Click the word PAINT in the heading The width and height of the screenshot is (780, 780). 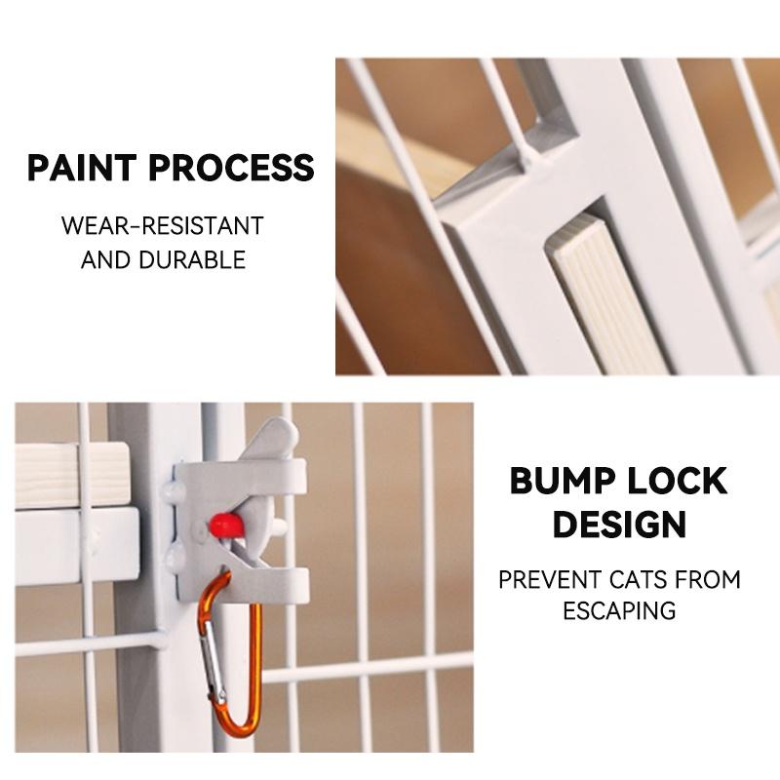coord(82,167)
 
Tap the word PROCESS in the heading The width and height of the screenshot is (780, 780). coord(232,167)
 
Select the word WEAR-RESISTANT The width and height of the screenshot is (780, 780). coord(163,226)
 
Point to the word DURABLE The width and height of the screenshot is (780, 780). coord(192,259)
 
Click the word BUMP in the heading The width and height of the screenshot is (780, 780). coord(563,481)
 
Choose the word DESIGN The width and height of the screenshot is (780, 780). coord(620,524)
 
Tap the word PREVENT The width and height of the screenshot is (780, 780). coord(550,580)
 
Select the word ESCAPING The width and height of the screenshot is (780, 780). coord(619,611)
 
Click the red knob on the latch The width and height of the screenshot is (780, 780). coord(226,526)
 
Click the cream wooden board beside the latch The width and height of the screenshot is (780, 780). coord(72,475)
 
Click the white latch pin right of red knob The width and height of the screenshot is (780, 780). coord(280,526)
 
